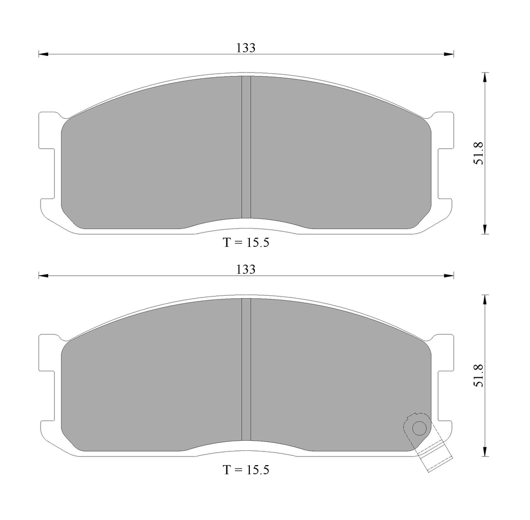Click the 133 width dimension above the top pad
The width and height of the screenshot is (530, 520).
pyautogui.click(x=246, y=48)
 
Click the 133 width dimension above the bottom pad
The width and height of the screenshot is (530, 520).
pyautogui.click(x=246, y=270)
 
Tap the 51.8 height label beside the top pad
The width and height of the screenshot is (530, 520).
pyautogui.click(x=479, y=153)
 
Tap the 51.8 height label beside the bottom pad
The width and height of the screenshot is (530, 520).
pyautogui.click(x=479, y=375)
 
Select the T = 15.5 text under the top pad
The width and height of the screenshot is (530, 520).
pyautogui.click(x=246, y=242)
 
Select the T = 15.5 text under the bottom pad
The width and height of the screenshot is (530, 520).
pyautogui.click(x=246, y=470)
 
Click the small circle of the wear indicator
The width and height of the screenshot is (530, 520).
pyautogui.click(x=419, y=429)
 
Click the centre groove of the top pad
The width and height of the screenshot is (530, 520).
pyautogui.click(x=246, y=147)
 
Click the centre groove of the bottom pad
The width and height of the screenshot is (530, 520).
pyautogui.click(x=246, y=369)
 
